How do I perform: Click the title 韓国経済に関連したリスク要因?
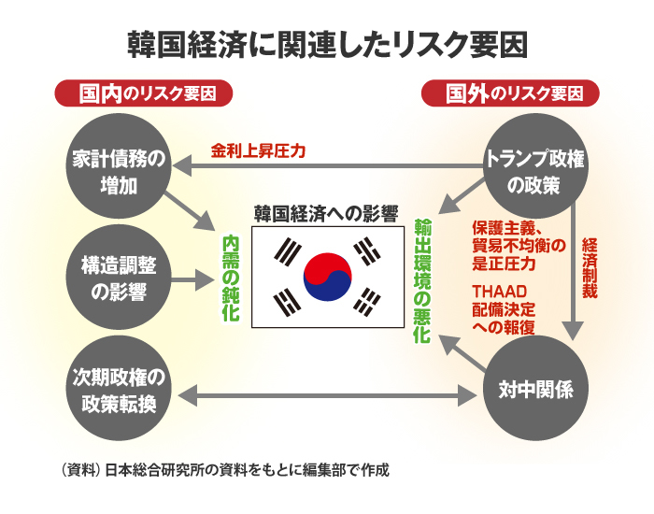click(327, 44)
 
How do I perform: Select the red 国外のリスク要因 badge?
click(510, 94)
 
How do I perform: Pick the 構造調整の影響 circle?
click(120, 278)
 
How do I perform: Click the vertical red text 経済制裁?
click(590, 267)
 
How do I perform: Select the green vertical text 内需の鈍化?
click(230, 278)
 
